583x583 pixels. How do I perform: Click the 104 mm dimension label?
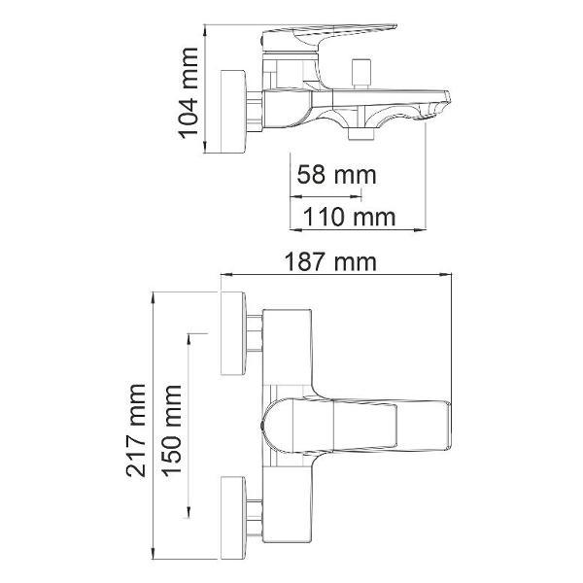[x=189, y=93]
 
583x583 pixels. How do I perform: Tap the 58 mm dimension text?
[x=337, y=175]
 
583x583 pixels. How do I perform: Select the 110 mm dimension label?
[x=350, y=217]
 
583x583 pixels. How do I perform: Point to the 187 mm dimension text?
[x=330, y=262]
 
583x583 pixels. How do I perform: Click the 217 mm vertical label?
[x=136, y=430]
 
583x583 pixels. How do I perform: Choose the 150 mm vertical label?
[x=172, y=430]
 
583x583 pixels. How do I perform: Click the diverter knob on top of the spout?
[x=361, y=73]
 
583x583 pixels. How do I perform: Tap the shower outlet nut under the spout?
[x=360, y=134]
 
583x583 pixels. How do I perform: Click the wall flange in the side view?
[x=233, y=111]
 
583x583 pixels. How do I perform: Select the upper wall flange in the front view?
[x=233, y=333]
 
